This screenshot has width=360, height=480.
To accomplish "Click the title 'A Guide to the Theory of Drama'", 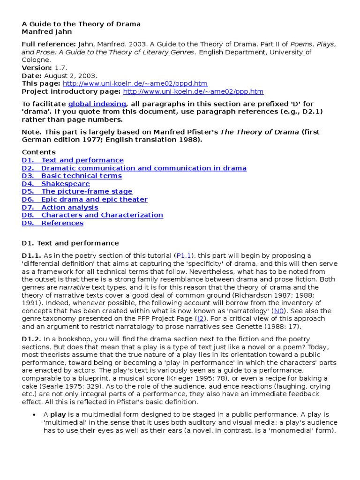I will coord(81,24).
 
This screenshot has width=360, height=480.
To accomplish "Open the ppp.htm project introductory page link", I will coord(193,91).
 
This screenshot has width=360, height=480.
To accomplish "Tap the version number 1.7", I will coord(61,67).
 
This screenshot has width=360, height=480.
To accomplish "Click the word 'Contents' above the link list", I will coord(38,152).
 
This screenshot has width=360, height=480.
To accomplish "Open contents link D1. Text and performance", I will coord(73,160).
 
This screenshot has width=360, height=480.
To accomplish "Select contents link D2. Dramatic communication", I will coord(134,168).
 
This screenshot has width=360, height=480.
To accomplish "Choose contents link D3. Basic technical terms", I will coord(72,176).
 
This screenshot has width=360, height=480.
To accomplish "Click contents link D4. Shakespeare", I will coord(56,184).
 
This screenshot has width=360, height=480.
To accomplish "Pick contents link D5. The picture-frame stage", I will coord(77,191).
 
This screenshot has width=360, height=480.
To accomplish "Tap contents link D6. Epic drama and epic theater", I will coord(84,199).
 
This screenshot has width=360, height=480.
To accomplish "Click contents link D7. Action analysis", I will coord(60,207).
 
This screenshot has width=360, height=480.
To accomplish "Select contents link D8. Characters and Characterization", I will coord(92,215).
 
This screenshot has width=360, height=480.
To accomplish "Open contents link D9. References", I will coord(52,223).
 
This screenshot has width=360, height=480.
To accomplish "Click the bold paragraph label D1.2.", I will coord(31,339).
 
